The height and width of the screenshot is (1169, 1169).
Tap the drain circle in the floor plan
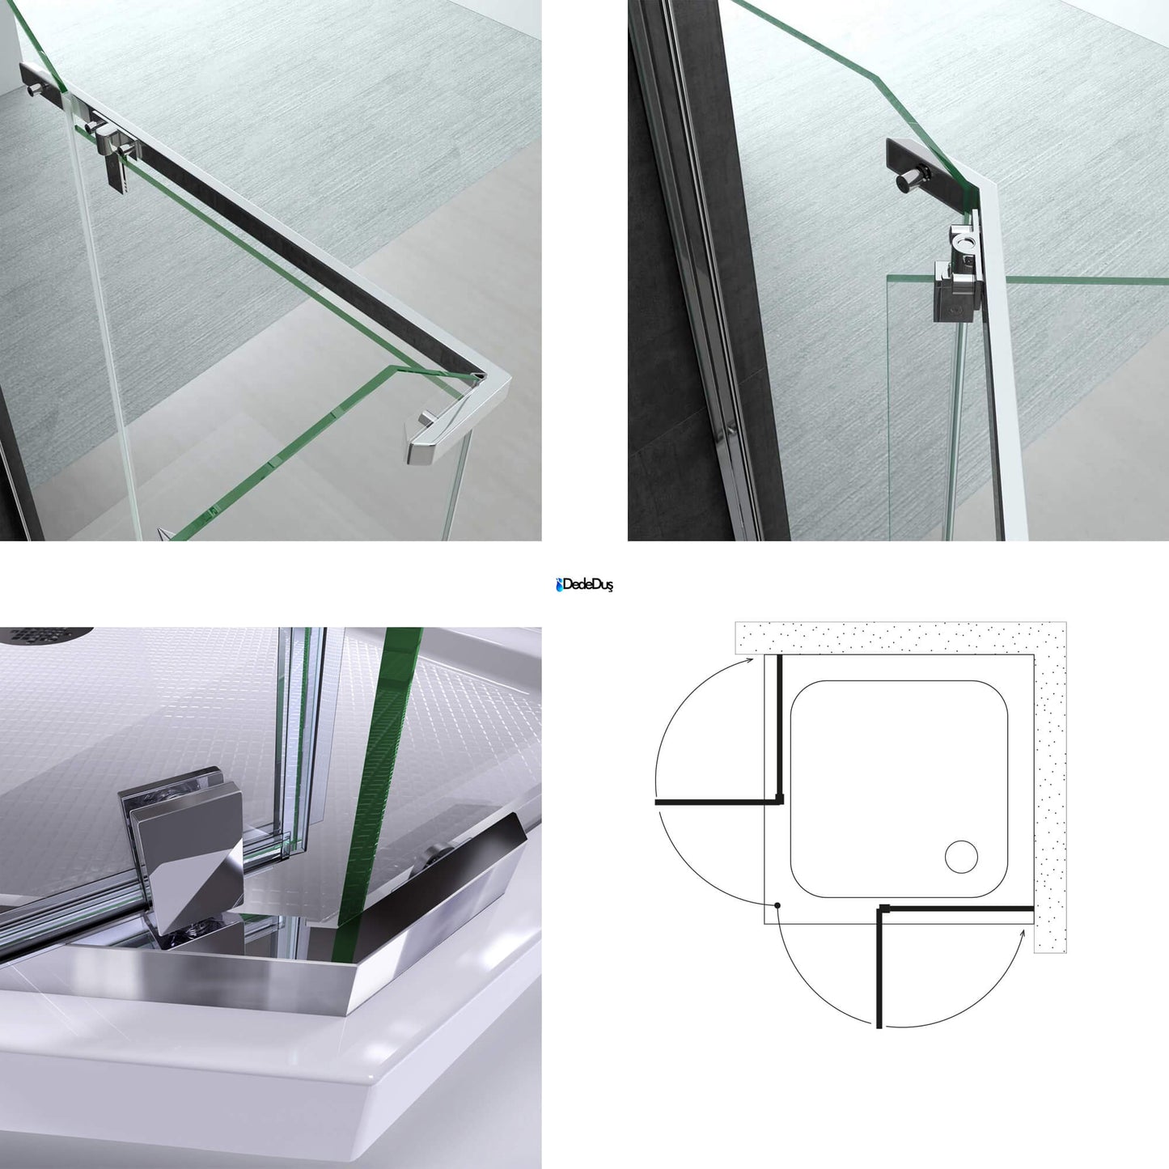coord(961,858)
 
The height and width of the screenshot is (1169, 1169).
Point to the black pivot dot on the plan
coord(777,923)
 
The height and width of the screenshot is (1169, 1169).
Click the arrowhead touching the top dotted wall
coord(750,661)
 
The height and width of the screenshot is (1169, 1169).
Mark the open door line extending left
coord(717,803)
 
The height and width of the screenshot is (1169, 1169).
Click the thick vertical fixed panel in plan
coord(780,729)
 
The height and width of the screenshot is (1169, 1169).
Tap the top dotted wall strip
coord(901,638)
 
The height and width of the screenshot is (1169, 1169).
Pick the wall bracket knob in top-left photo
coord(35,91)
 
